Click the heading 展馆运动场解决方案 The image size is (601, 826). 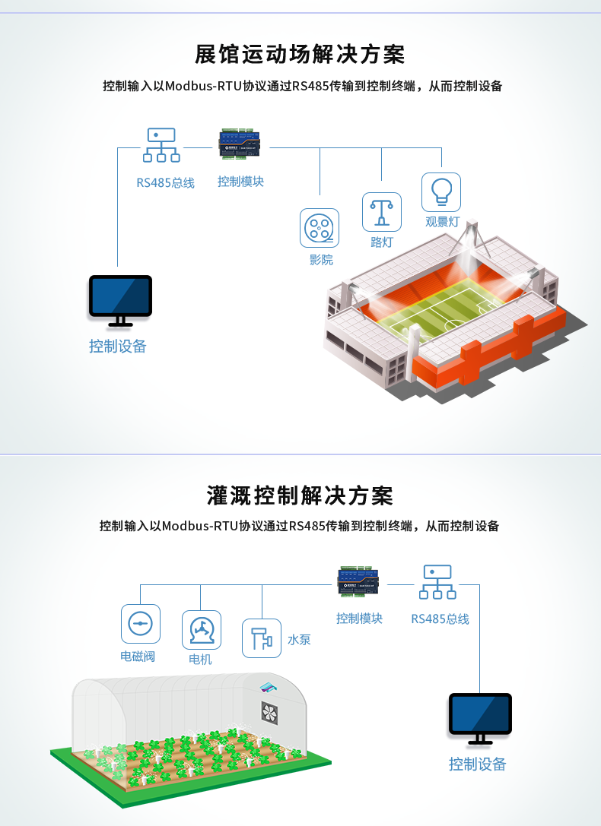(x=300, y=54)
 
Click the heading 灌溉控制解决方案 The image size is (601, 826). (x=300, y=495)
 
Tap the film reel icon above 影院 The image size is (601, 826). (x=320, y=228)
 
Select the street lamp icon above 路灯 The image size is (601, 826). (x=382, y=212)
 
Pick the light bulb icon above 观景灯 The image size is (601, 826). (x=441, y=192)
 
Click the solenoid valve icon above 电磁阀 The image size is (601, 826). (x=141, y=624)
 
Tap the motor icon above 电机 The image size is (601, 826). (x=202, y=630)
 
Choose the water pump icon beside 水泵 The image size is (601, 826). (x=262, y=638)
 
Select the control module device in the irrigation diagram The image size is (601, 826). (x=359, y=581)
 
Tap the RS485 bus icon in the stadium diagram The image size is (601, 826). (x=161, y=145)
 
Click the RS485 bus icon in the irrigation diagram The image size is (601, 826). (x=437, y=582)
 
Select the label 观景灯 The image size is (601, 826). (x=442, y=222)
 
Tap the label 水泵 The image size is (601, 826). (x=299, y=640)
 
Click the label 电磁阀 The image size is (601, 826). (x=138, y=657)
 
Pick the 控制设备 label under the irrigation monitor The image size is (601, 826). (x=478, y=764)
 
